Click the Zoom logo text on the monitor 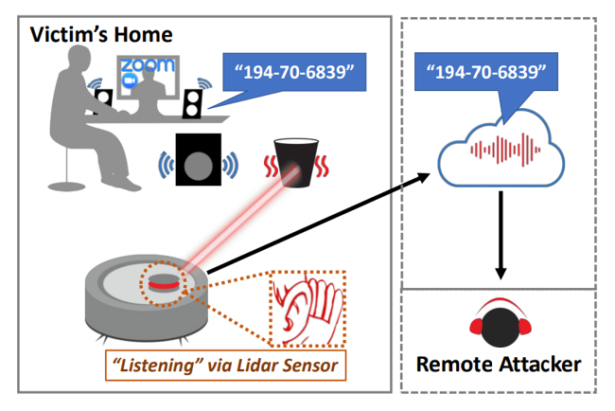[147, 64]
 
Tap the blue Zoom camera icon [129, 80]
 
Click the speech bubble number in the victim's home [294, 72]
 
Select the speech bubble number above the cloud [486, 72]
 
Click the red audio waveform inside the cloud [505, 150]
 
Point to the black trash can [296, 162]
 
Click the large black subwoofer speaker [199, 159]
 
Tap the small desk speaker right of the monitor [192, 104]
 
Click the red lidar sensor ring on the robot [164, 285]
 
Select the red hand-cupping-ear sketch [307, 310]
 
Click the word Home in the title [144, 35]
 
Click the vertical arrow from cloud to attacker [501, 235]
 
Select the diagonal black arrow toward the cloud [319, 223]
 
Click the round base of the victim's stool [66, 186]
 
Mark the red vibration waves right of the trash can [323, 167]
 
